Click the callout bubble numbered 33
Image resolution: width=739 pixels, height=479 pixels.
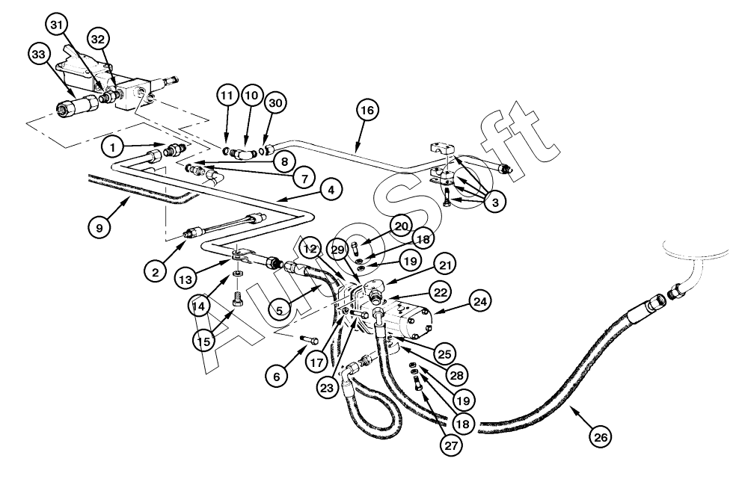click(40, 54)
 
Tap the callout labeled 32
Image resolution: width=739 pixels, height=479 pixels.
click(98, 37)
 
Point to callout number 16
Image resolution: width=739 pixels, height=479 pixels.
click(367, 111)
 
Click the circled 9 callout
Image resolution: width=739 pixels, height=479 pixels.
click(99, 226)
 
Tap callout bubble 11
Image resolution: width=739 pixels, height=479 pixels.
click(227, 96)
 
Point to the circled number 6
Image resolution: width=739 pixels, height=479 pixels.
click(277, 377)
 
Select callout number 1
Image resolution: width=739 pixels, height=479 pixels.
click(114, 146)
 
